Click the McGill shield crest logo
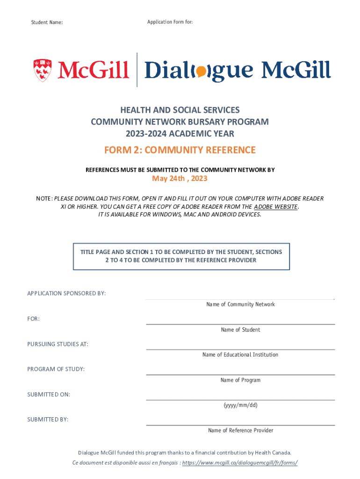(43, 70)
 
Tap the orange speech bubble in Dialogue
(200, 72)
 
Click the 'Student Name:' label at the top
(47, 22)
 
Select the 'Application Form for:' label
(170, 22)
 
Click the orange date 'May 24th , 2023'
(180, 179)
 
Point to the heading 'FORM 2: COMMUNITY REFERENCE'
(180, 150)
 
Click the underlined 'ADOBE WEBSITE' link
(275, 207)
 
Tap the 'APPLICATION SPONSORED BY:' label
(66, 293)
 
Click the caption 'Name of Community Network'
(240, 305)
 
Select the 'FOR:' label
(33, 319)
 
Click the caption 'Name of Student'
(240, 330)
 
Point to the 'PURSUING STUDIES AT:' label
(58, 344)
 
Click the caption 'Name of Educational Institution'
(240, 355)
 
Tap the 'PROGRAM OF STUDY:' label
(56, 369)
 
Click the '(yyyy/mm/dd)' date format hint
(240, 405)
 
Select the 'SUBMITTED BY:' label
(48, 420)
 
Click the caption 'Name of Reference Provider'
(240, 430)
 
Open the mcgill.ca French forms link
(239, 463)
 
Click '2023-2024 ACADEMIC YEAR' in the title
(180, 134)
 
